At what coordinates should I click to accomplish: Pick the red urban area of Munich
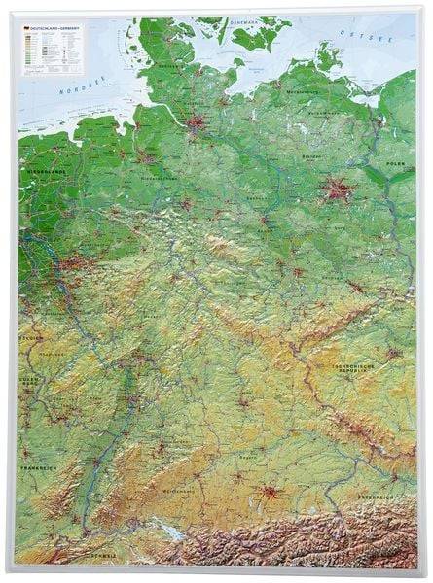271,518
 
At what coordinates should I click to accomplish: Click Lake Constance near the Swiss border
174,533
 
